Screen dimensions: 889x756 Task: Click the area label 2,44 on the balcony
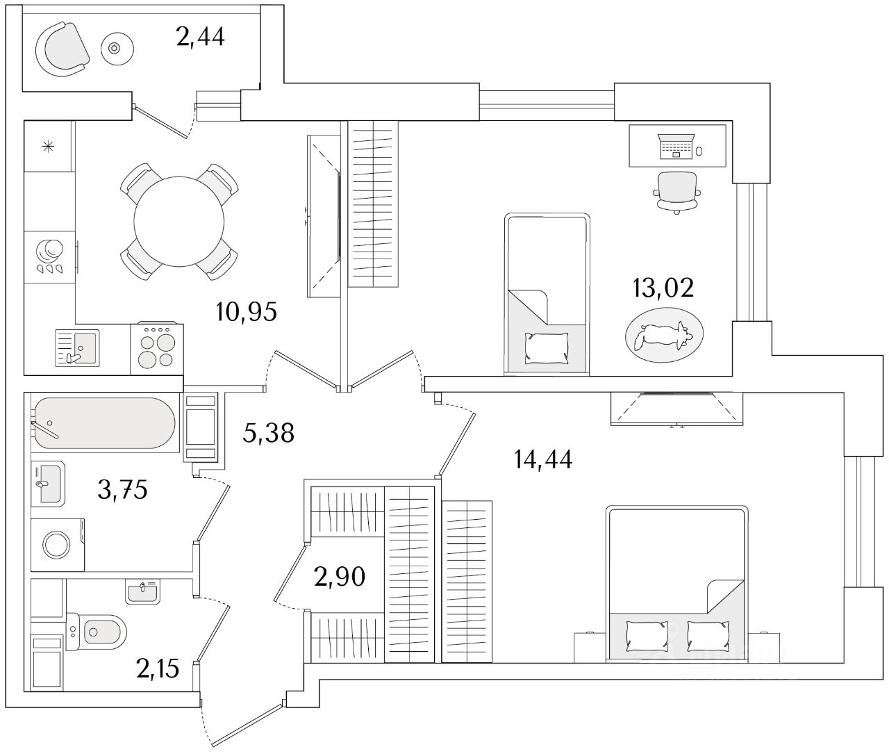(x=201, y=37)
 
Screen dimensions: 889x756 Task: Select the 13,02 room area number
(x=663, y=288)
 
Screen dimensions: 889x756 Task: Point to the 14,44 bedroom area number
(x=543, y=459)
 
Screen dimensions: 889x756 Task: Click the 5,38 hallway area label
(x=268, y=433)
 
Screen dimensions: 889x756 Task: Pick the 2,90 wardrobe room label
(x=340, y=577)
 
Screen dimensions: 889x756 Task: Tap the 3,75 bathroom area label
(x=122, y=490)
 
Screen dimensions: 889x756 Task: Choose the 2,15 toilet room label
(x=158, y=669)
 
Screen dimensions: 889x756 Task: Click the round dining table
(x=179, y=221)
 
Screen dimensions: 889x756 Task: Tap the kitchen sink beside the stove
(x=77, y=348)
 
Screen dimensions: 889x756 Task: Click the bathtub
(x=105, y=422)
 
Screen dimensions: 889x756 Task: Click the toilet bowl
(x=97, y=631)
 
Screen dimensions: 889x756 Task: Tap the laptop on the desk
(x=676, y=146)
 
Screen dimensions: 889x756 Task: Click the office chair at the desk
(x=676, y=192)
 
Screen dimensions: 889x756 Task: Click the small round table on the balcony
(x=117, y=49)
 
